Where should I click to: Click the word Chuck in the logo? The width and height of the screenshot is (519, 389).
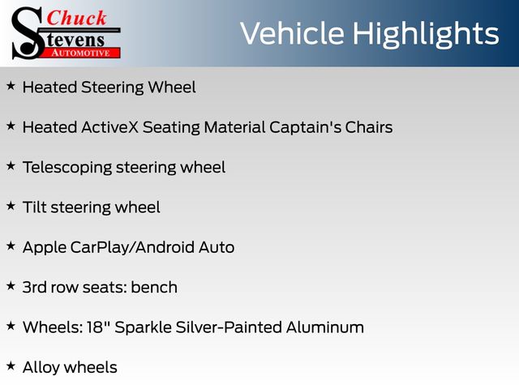coord(76,18)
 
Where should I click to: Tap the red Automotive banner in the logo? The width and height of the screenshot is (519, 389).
coord(81,53)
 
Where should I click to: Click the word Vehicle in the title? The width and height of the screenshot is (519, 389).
coord(292,33)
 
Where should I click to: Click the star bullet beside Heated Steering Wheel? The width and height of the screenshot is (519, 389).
coord(11,86)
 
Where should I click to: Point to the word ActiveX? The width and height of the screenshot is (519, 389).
coord(110,127)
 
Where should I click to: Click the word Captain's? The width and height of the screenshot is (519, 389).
coord(305,127)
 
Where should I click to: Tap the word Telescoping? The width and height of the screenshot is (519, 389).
coord(67,168)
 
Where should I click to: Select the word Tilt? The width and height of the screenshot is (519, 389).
coord(35,207)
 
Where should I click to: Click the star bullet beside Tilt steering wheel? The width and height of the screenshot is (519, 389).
coord(11,206)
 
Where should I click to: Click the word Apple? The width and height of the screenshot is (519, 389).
coord(45,248)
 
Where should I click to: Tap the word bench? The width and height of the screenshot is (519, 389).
coord(154,287)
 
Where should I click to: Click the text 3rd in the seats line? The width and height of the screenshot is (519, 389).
coord(34,287)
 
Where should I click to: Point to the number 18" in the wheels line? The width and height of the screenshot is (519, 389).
coord(99,327)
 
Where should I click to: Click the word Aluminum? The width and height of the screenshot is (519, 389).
coord(325,327)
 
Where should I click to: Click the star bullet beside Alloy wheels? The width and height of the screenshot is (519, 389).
coord(11,365)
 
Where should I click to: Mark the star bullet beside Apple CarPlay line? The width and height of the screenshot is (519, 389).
coord(11,246)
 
